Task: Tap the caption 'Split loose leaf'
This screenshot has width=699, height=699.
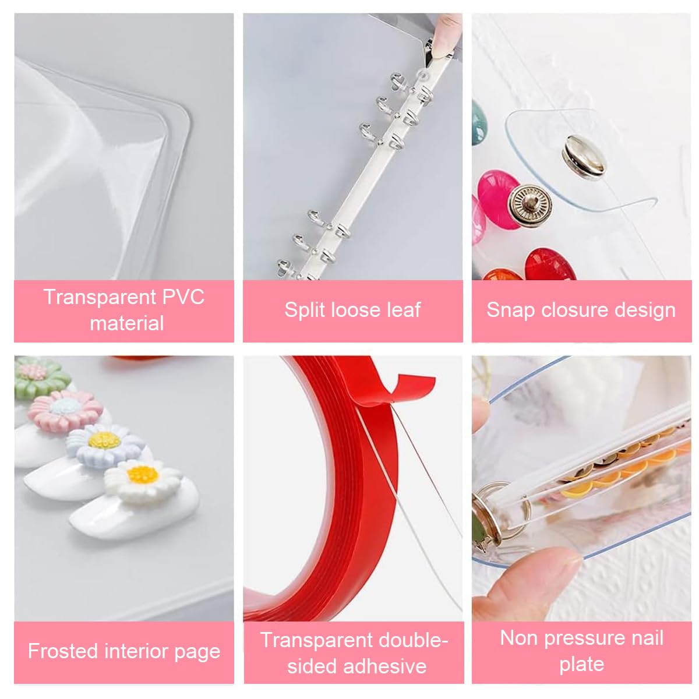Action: pos(352,310)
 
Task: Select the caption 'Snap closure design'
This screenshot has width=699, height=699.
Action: pos(581,310)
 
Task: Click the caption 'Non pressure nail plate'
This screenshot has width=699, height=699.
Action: pos(581,651)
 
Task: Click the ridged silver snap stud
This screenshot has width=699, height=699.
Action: pos(527,202)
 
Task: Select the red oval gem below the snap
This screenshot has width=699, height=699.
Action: pos(550,264)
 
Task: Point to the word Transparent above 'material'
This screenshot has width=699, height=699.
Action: pos(98,297)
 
